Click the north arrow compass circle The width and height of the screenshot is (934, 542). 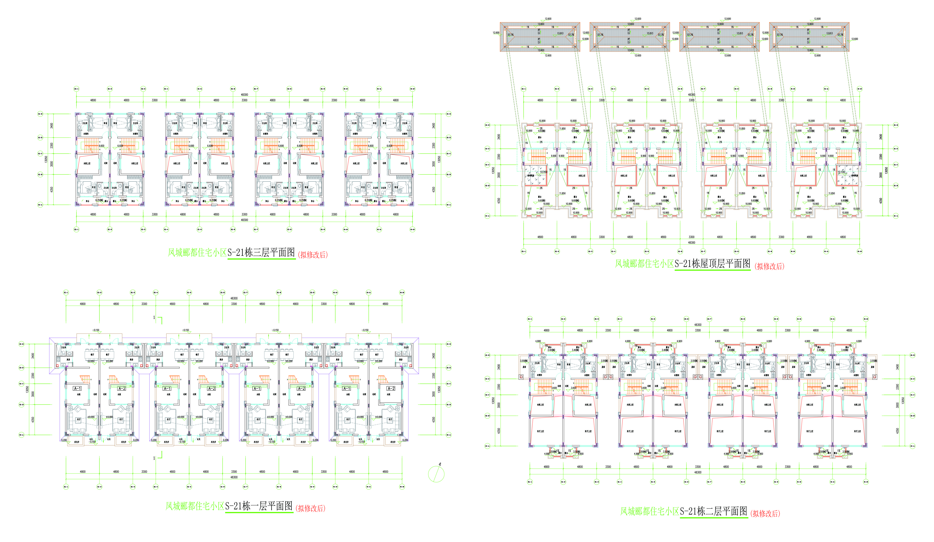[x=436, y=474]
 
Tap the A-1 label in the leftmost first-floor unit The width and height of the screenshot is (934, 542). [x=77, y=389]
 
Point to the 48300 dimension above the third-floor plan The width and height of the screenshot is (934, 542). [x=244, y=95]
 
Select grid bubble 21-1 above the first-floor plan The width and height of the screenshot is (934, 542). [x=66, y=292]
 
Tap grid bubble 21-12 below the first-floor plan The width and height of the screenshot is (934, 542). [x=402, y=487]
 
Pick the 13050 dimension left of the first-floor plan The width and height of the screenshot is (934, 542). [x=27, y=389]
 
